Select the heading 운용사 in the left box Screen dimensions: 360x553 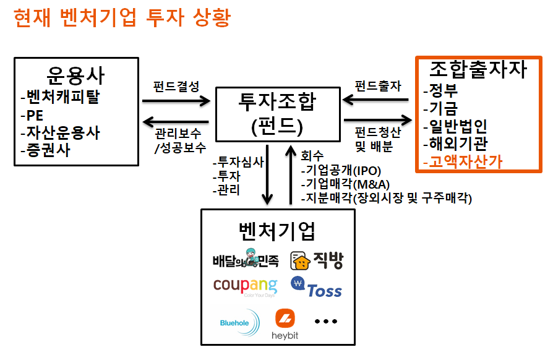[x=76, y=76]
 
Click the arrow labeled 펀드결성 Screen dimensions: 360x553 [x=176, y=100]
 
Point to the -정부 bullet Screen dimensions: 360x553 [x=440, y=92]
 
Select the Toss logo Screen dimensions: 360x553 [x=317, y=288]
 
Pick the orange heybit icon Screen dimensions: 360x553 [x=285, y=319]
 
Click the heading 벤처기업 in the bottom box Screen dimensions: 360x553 [x=277, y=231]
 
